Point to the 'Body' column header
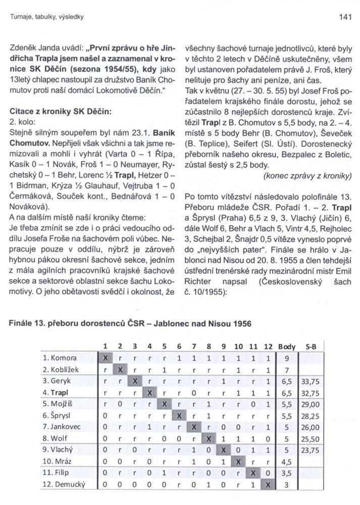coord(287,346)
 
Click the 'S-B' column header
coord(312,346)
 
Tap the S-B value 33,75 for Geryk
coord(310,380)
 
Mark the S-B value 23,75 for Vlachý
coord(310,449)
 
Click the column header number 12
coord(268,346)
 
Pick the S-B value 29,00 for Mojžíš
coord(310,403)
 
